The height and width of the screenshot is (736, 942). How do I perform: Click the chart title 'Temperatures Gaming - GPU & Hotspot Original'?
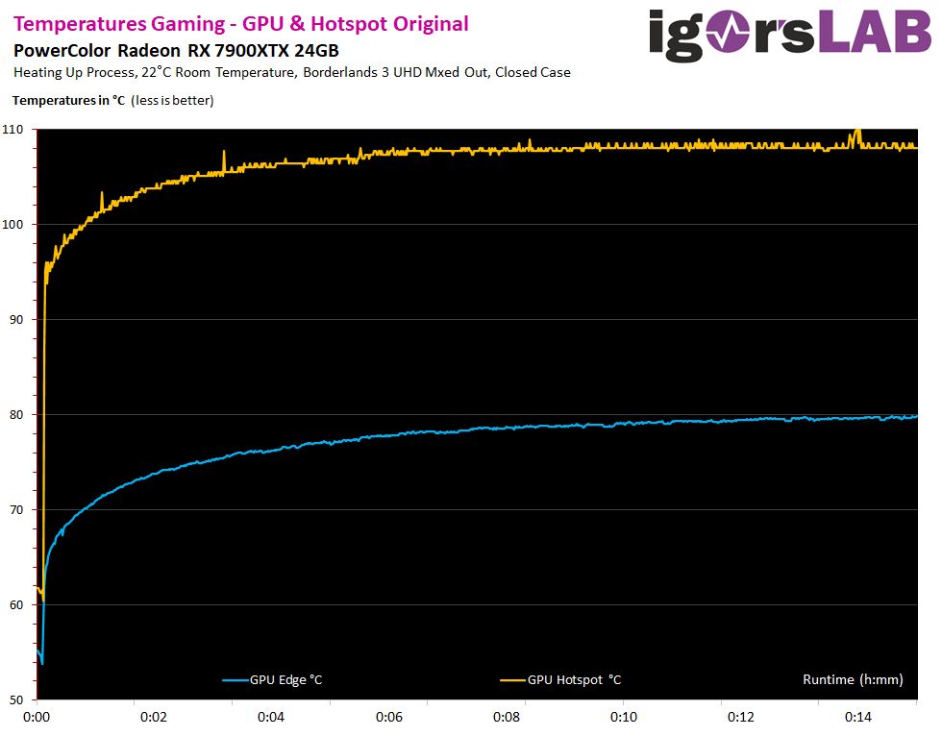coord(241,24)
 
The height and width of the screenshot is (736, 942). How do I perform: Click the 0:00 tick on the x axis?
coord(37,717)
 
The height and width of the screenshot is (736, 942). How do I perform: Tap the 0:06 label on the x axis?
coord(388,717)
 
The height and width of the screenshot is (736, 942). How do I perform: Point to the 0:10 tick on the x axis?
coord(624,717)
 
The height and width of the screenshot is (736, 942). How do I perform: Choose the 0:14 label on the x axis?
coord(858,717)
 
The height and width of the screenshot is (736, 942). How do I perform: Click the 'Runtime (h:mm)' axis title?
coord(853,680)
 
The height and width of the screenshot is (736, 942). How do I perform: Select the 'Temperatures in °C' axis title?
coord(69,100)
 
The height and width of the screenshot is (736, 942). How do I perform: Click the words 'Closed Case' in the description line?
coord(533,72)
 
